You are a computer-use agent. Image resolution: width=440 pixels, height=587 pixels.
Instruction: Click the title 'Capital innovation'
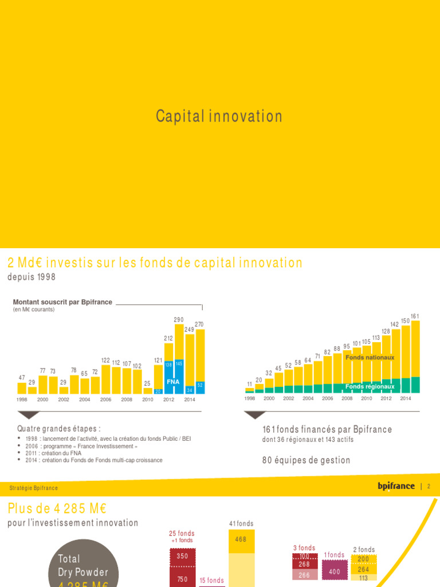click(219, 116)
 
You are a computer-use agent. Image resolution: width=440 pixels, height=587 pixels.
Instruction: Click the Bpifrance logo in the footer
click(396, 486)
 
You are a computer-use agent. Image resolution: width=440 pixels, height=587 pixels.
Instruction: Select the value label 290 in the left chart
click(179, 319)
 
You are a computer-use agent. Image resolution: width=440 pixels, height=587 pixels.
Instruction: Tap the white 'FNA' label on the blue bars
click(173, 381)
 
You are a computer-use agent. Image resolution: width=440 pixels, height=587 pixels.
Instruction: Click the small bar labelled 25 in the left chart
click(147, 391)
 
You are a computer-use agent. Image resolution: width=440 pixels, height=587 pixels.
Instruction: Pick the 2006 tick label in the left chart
click(106, 400)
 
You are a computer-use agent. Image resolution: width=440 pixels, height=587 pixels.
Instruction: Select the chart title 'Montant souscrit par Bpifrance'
click(62, 302)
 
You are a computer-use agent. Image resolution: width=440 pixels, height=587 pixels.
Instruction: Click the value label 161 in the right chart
click(415, 316)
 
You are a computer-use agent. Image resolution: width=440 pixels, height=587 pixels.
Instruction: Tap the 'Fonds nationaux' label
click(370, 358)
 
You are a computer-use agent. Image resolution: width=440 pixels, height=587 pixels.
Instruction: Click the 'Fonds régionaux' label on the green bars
click(370, 386)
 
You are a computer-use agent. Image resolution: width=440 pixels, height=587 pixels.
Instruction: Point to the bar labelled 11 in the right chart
click(249, 390)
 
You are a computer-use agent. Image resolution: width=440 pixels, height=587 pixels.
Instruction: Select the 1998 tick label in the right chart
click(250, 398)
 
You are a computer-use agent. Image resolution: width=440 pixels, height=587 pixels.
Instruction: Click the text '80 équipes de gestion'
click(306, 460)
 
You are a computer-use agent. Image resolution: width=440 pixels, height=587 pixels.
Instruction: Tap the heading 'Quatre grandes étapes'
click(59, 428)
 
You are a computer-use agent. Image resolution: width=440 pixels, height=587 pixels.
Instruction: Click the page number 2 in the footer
click(429, 486)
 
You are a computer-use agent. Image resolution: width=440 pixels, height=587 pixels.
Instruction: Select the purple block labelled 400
click(335, 572)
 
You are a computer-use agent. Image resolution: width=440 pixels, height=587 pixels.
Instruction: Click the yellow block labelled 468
click(241, 539)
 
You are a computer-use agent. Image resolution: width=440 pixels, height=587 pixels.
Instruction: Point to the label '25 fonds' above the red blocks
click(182, 534)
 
